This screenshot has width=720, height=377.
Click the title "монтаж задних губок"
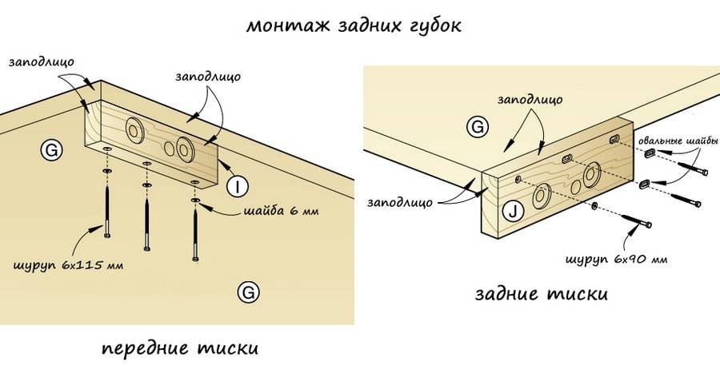[354, 26]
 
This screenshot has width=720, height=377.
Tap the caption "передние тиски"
[181, 349]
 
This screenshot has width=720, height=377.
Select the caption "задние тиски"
[541, 294]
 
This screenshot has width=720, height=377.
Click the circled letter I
[238, 187]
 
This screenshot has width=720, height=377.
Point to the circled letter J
[513, 212]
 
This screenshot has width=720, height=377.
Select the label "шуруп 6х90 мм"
[617, 260]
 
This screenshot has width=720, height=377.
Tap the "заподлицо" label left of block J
[400, 202]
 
